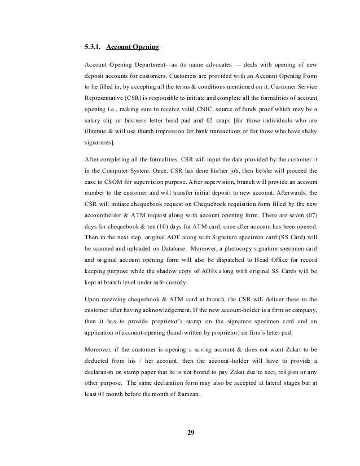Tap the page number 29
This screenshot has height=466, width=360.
(190, 433)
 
